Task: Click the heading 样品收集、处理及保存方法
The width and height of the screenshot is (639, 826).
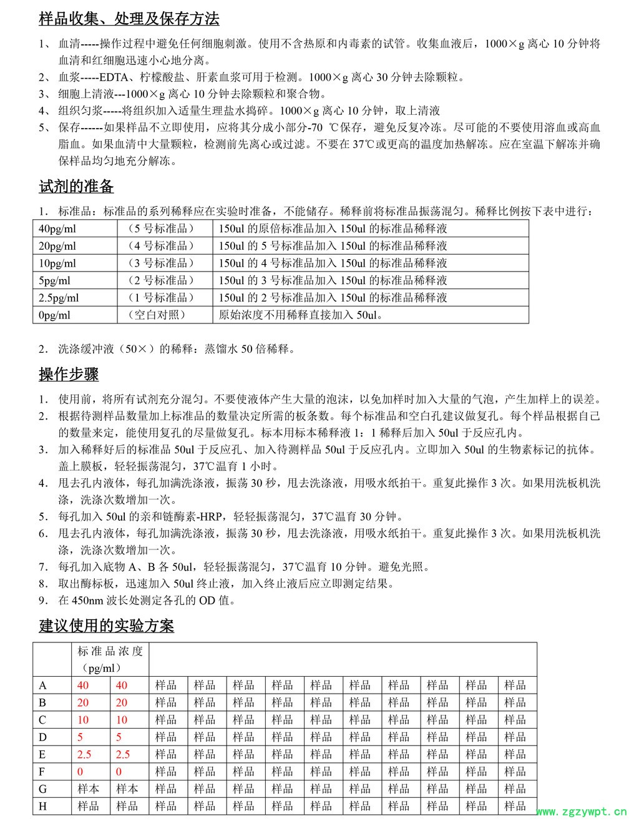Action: (x=129, y=19)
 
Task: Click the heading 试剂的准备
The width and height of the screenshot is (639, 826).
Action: (x=76, y=187)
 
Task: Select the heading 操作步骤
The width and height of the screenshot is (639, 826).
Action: (x=69, y=375)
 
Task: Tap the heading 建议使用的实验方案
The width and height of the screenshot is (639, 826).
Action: (x=106, y=626)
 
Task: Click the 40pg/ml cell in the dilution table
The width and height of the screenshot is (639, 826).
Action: (x=57, y=229)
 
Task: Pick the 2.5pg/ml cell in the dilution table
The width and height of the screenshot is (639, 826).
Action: (x=59, y=298)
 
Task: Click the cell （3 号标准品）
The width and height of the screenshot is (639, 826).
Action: (x=161, y=263)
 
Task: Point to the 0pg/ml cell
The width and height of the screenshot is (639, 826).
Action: (x=54, y=315)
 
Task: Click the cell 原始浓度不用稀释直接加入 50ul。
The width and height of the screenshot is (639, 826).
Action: (x=301, y=315)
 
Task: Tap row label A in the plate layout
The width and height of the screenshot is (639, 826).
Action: (x=42, y=686)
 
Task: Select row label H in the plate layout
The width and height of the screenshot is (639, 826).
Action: (x=42, y=806)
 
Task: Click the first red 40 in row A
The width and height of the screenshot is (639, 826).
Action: (x=83, y=686)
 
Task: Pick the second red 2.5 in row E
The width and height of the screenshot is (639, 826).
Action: (x=123, y=754)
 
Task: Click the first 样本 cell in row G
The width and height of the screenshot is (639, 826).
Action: (x=88, y=789)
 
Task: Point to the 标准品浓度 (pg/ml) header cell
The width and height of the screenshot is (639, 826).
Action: (x=110, y=659)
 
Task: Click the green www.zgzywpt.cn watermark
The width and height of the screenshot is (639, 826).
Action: (x=581, y=812)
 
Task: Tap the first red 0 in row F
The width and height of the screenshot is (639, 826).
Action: (x=80, y=772)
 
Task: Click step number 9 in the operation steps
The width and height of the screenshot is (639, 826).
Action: (x=43, y=601)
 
